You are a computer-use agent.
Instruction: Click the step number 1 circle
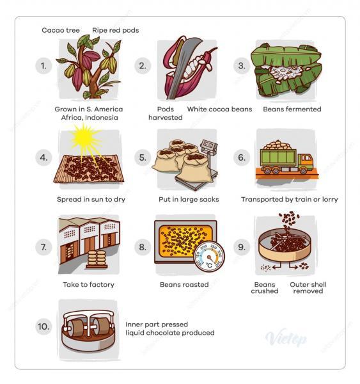(43, 66)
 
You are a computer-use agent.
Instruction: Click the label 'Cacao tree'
(59, 30)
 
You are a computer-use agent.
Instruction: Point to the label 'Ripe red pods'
(115, 30)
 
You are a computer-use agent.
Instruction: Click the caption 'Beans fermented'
(292, 109)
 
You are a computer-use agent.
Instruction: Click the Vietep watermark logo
(285, 339)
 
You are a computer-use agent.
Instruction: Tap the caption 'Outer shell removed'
(306, 287)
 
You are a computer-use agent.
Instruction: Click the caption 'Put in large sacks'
(189, 199)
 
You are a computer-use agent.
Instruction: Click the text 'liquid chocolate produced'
(169, 333)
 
